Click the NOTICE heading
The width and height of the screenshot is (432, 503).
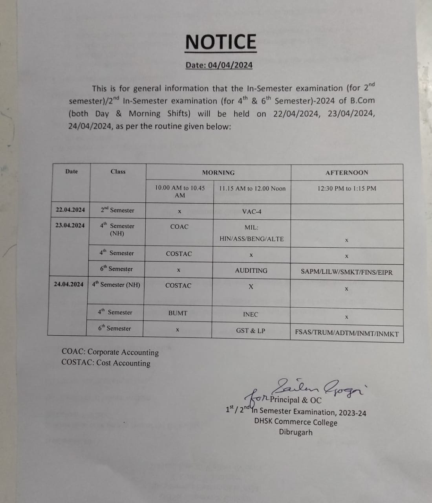[221, 42]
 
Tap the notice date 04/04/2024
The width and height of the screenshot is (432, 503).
[219, 65]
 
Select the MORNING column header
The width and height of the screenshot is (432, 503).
[218, 173]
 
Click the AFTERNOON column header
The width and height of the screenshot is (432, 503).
[347, 173]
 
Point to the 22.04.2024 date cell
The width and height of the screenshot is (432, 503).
[70, 210]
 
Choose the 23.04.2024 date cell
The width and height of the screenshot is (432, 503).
[70, 226]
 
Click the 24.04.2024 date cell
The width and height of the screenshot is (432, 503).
[69, 284]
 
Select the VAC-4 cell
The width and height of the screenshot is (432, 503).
[252, 212]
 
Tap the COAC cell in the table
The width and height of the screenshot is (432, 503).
[179, 227]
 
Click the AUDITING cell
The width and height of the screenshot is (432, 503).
[251, 271]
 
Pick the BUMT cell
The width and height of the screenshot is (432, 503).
[178, 313]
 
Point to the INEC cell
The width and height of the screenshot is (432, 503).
[251, 314]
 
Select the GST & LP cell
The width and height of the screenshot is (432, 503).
[251, 330]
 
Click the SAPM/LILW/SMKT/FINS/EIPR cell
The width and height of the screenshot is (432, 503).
[346, 272]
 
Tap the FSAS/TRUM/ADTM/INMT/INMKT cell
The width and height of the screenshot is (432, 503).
[347, 334]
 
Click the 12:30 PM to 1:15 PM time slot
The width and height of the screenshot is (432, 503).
[347, 188]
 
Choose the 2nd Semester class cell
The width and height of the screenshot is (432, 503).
[117, 210]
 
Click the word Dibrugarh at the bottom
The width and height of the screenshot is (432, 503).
[296, 432]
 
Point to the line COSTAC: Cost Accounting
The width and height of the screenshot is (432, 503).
[106, 363]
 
